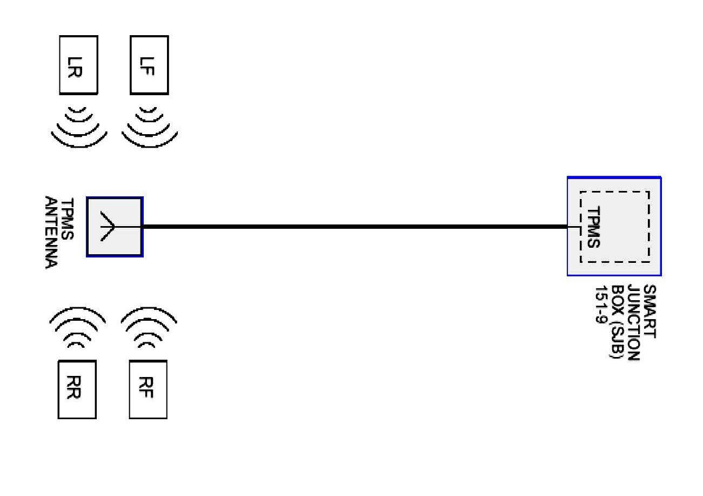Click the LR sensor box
point(78,64)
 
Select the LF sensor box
point(149,64)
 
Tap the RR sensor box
point(77,389)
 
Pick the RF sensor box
point(148,389)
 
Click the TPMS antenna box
point(115,227)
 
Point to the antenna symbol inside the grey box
point(108,227)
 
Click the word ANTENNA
point(51,233)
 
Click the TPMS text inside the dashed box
point(593,227)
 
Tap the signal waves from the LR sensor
point(79,127)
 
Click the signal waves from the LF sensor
point(150,127)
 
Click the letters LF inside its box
point(149,64)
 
